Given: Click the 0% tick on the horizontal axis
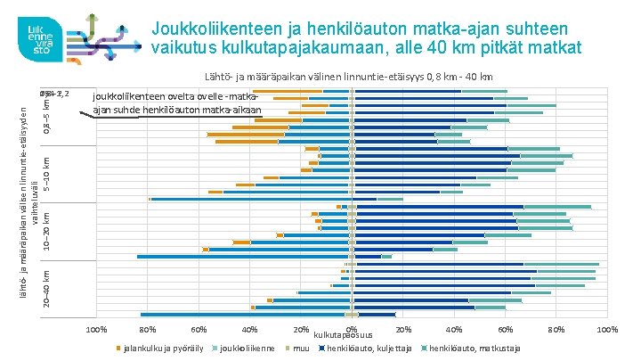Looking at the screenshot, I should click(x=352, y=331).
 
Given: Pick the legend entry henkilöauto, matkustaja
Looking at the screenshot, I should click(x=474, y=347).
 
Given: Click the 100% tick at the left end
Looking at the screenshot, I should click(x=97, y=331).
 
